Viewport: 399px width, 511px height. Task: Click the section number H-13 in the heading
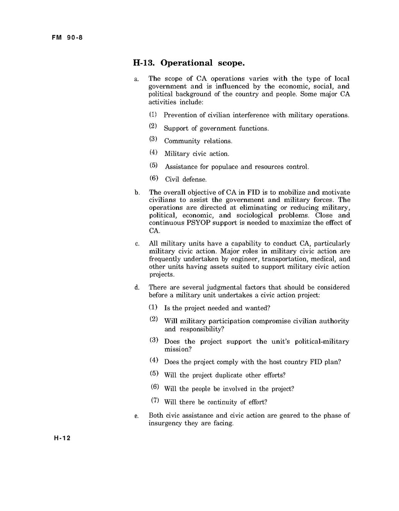coord(144,63)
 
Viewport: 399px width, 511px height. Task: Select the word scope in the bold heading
coord(230,63)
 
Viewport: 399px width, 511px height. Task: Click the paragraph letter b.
coord(137,193)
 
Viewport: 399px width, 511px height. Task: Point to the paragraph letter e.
coord(137,416)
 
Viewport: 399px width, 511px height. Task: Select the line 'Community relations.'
coord(198,141)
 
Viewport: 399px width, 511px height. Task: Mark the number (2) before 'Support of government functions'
coord(153,127)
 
